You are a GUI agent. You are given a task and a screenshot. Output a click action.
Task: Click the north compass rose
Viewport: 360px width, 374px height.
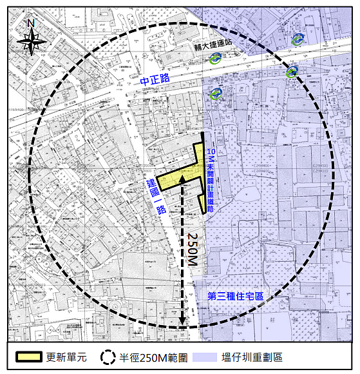31,43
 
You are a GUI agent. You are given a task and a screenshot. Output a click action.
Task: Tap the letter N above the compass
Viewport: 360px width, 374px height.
31,24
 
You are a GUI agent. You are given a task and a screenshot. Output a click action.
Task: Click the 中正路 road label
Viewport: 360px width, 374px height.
154,79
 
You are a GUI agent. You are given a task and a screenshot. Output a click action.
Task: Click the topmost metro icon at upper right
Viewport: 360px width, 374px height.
297,39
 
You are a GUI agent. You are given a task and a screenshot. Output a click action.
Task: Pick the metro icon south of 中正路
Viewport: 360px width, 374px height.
216,95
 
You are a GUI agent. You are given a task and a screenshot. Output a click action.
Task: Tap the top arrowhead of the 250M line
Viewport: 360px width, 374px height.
183,178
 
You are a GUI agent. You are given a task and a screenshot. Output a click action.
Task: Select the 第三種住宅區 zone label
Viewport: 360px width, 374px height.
236,296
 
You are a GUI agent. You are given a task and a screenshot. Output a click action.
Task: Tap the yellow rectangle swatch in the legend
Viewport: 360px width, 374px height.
30,357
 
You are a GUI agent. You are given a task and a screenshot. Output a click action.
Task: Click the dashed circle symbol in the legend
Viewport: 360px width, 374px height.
108,357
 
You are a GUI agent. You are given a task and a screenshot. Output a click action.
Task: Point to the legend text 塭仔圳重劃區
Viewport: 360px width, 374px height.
252,357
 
